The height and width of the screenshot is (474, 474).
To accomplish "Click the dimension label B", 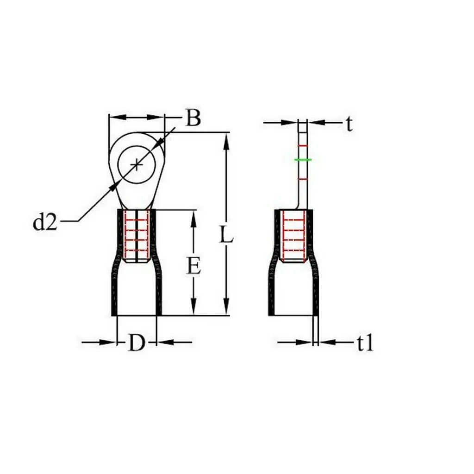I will [193, 118].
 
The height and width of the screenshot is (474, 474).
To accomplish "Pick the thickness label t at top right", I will [349, 124].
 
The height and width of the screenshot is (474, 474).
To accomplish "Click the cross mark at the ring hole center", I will [137, 165].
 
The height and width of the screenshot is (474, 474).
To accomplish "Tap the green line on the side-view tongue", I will [303, 160].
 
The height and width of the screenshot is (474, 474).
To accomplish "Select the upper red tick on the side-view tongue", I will [302, 146].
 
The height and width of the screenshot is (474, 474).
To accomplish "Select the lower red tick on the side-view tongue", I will [302, 179].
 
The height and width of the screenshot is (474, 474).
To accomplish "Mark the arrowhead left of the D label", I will [110, 343].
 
